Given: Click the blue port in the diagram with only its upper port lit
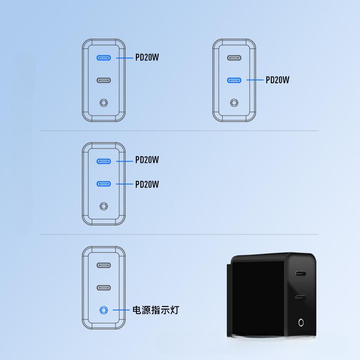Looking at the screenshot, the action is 103,58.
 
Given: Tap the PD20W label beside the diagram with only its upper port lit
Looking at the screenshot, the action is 147,58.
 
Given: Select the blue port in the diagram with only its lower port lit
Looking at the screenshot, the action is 234,80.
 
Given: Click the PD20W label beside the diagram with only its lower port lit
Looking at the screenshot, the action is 277,80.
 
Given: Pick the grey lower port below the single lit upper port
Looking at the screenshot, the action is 103,80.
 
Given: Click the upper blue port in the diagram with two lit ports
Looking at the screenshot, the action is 103,161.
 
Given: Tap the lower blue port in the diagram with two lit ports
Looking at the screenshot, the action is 103,184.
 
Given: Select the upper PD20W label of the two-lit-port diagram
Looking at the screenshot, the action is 147,160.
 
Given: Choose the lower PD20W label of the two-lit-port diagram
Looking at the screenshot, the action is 147,184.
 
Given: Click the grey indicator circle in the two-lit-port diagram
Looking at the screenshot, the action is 103,207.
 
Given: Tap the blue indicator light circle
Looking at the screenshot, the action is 103,310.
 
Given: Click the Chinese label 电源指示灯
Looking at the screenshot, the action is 155,310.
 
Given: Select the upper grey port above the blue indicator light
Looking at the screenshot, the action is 103,265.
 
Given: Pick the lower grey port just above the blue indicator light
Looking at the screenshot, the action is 103,287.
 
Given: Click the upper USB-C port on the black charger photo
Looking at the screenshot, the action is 300,273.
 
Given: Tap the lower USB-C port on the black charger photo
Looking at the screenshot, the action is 300,297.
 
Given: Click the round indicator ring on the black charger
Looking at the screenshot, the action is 300,322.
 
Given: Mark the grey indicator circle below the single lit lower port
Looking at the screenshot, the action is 234,103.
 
